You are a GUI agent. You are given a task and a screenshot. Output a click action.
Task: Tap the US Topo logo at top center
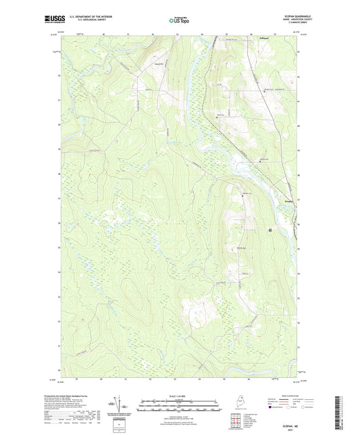(179, 22)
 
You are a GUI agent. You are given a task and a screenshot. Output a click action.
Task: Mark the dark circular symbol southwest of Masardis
(271, 230)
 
